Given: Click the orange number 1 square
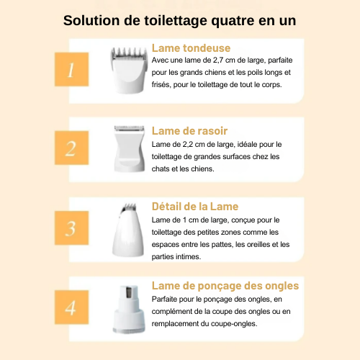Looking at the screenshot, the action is pos(71,69).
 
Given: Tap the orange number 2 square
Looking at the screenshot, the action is pos(71,148).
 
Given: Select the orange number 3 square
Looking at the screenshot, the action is pos(71,228).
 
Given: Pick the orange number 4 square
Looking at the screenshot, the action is pos(71,307).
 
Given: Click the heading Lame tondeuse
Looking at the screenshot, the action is pos(191,48).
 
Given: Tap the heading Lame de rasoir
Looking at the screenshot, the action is pos(189,131).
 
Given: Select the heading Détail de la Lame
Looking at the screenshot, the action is pos(195,207).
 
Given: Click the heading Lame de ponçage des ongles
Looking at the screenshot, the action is pos(225,286).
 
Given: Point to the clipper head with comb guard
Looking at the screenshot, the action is pos(129,70).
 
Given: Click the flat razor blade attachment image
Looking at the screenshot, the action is pos(130,148).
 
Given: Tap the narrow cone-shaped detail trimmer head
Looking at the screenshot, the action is pos(128,230).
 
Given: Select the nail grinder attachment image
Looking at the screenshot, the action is pos(129,309).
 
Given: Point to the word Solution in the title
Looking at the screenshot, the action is pos(91,20).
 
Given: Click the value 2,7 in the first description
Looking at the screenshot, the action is pos(218,60).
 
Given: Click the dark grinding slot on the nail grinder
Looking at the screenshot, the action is pos(129,292).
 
